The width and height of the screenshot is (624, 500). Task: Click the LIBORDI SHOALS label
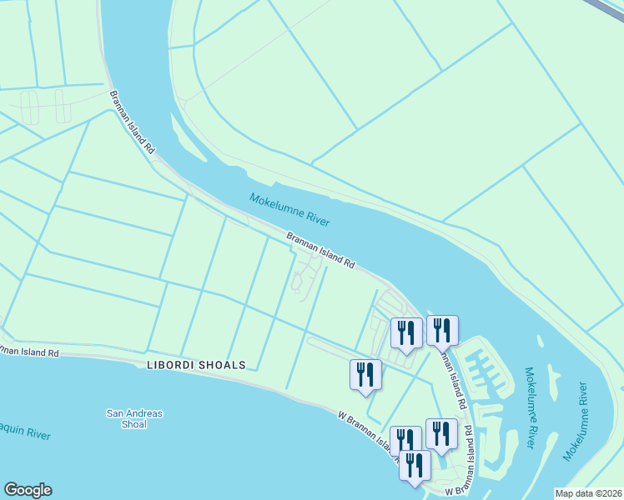pyautogui.click(x=196, y=365)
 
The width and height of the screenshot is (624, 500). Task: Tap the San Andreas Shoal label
pyautogui.click(x=134, y=418)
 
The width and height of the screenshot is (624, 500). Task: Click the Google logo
pyautogui.click(x=28, y=490)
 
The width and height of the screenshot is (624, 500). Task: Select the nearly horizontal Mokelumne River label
pyautogui.click(x=289, y=209)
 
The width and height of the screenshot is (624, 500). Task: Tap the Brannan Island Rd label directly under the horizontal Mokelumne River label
pyautogui.click(x=321, y=250)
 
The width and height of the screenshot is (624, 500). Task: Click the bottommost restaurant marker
pyautogui.click(x=415, y=467)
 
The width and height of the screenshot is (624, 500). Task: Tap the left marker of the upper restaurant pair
pyautogui.click(x=406, y=333)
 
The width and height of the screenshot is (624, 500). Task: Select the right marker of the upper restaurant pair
pyautogui.click(x=442, y=330)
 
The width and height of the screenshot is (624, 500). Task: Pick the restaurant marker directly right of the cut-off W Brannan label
pyautogui.click(x=441, y=433)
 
